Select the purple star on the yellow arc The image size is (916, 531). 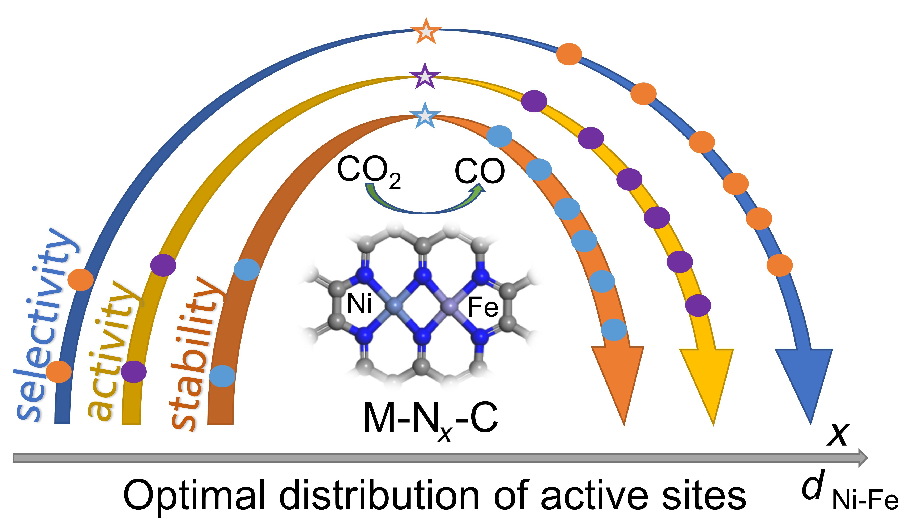point(424,76)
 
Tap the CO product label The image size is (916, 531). point(480,171)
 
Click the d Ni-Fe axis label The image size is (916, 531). point(847,494)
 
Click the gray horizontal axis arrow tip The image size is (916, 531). point(863,457)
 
